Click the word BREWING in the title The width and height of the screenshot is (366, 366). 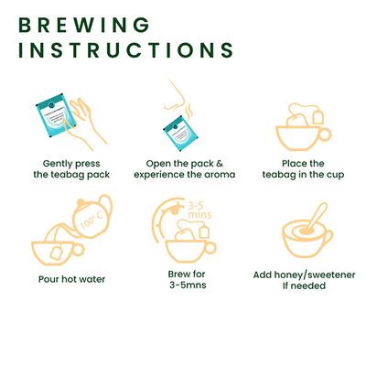[84, 25]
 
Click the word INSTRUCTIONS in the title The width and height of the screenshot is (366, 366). [126, 50]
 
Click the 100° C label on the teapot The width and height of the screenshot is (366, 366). [92, 221]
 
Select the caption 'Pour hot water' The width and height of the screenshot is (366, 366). [71, 279]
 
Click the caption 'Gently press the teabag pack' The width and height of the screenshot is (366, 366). [71, 169]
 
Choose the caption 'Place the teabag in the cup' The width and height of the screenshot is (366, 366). [303, 169]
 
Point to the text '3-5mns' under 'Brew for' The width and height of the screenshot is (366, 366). [188, 285]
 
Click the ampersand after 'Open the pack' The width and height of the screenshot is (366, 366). [220, 164]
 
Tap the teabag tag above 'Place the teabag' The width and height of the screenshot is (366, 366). [318, 117]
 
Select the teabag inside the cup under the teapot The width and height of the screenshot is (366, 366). [57, 253]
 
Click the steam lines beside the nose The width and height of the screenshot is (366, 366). [189, 113]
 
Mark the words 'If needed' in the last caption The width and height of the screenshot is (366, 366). [304, 285]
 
